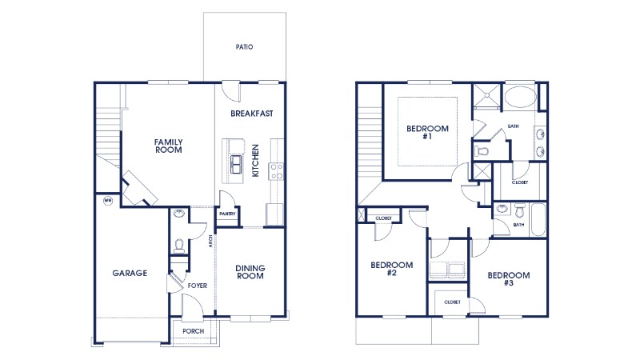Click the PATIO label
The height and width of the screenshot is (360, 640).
(x=244, y=47)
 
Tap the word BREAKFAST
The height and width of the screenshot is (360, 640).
(x=252, y=114)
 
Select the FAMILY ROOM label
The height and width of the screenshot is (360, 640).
(x=169, y=146)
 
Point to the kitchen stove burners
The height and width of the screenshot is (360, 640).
(x=277, y=170)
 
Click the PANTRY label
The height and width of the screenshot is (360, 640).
(x=227, y=214)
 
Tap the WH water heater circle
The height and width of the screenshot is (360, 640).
(x=107, y=202)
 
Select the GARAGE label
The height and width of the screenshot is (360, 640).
(x=129, y=273)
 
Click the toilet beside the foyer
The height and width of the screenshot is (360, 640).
(x=179, y=244)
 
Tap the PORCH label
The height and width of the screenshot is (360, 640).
(x=193, y=331)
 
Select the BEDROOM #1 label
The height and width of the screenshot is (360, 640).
(x=427, y=133)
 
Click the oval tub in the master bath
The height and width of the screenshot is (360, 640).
(x=521, y=98)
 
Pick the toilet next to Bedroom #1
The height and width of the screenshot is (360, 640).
(x=482, y=150)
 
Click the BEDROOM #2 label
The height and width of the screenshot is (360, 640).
(x=391, y=269)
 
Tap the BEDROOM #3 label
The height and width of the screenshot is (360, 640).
(x=508, y=279)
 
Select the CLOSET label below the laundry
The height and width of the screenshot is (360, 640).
(x=451, y=302)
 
